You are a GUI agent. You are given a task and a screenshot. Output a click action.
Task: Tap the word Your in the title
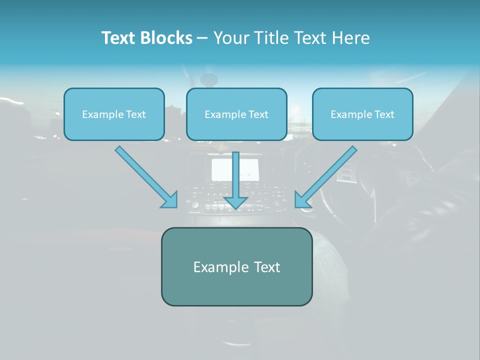click(x=230, y=38)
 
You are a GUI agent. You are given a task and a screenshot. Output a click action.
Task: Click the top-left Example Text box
click(x=114, y=114)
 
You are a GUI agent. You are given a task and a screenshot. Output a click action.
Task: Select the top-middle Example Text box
click(x=236, y=114)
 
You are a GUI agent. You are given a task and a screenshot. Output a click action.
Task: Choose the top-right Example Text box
click(x=362, y=114)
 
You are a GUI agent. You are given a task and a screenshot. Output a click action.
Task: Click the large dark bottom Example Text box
click(x=236, y=267)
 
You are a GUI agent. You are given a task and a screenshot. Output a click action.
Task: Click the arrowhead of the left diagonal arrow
click(x=170, y=200)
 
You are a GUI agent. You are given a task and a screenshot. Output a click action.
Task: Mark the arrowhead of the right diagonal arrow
click(x=302, y=200)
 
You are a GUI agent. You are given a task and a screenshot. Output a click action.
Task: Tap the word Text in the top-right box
click(x=384, y=114)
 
